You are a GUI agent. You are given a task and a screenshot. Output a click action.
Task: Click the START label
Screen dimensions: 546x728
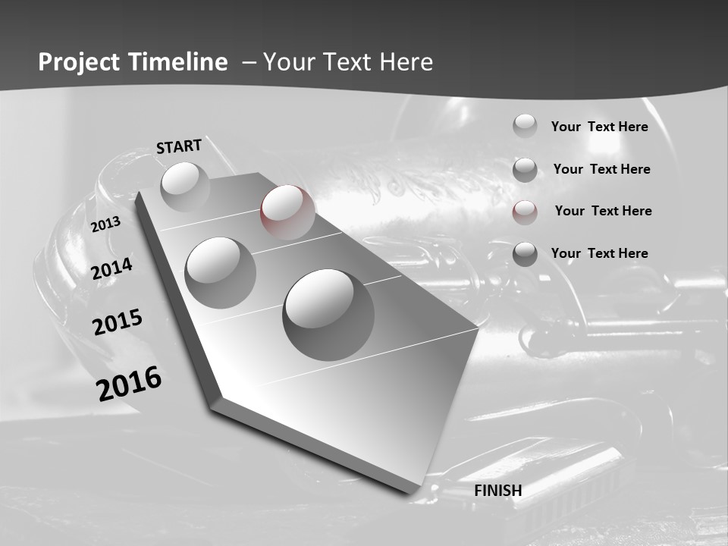coord(179,146)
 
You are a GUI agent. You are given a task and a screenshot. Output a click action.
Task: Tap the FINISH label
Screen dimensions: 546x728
coord(498,491)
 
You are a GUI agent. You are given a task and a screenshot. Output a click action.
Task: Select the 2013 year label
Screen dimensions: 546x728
coord(105,224)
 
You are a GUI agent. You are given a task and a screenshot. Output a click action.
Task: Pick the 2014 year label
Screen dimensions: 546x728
coord(112,269)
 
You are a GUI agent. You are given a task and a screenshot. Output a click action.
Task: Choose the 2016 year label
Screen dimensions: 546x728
coord(129,383)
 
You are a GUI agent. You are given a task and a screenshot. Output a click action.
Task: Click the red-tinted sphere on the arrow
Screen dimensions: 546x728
coord(287,211)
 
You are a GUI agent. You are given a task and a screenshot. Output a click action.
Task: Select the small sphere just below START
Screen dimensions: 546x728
coord(184,186)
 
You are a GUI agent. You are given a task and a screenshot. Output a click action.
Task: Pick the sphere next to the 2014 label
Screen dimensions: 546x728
coord(220,271)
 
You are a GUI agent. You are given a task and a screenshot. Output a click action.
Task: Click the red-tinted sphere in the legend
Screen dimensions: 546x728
coord(525,212)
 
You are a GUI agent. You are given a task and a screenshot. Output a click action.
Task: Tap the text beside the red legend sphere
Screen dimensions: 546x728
coord(603,211)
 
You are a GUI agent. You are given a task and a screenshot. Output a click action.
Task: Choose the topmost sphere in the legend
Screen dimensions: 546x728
coord(525,126)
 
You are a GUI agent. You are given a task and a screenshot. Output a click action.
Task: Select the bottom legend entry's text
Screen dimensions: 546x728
coord(599,253)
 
